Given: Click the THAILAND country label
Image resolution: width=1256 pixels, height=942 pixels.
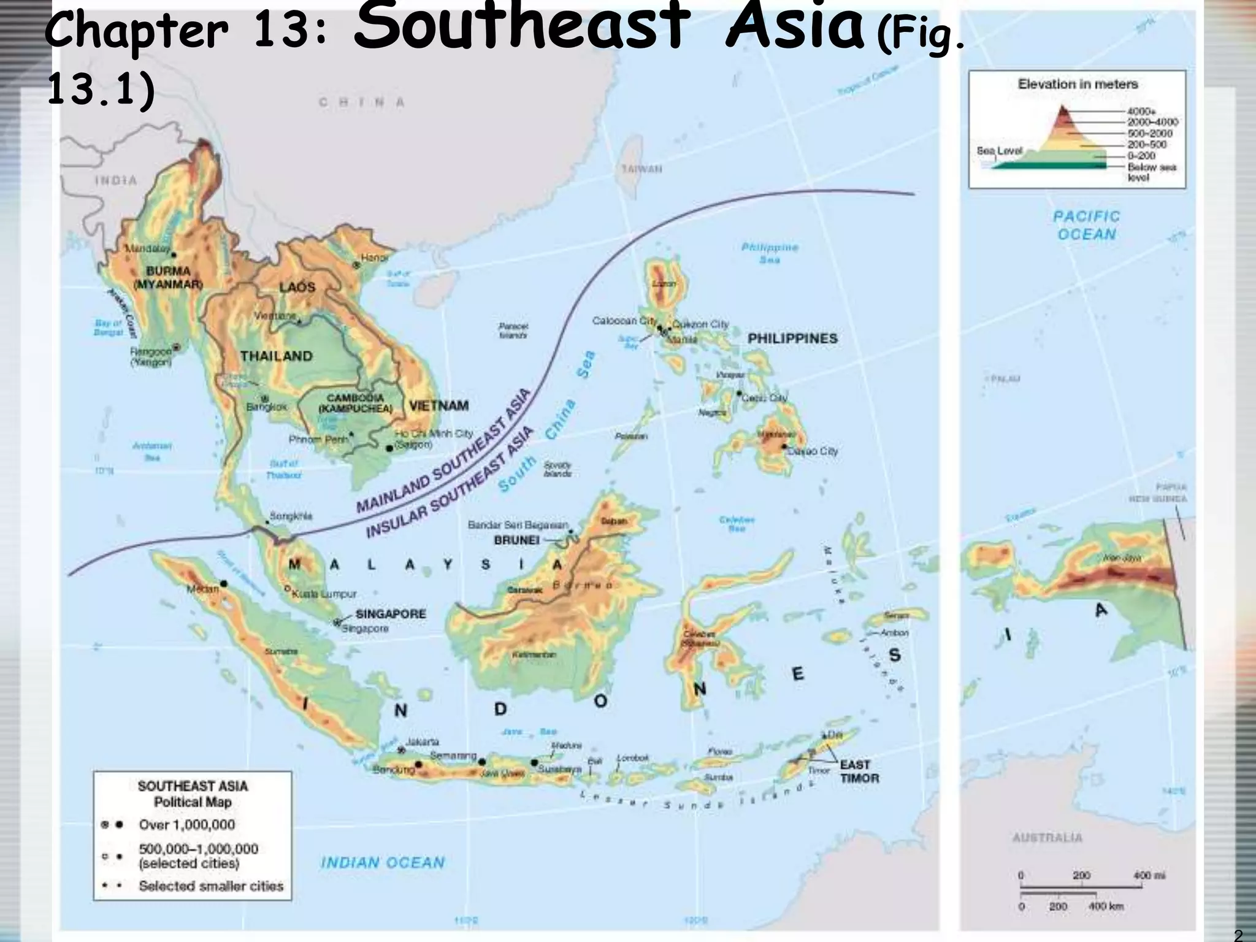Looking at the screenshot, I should pyautogui.click(x=276, y=356).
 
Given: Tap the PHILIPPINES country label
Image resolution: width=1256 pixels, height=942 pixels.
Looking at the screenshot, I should pyautogui.click(x=792, y=339).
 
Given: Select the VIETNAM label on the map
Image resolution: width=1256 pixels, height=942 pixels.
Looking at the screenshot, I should pyautogui.click(x=438, y=406).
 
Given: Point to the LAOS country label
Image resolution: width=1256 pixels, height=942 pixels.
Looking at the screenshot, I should pyautogui.click(x=297, y=287).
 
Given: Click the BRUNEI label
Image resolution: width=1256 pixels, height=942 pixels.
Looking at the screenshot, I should pyautogui.click(x=516, y=540).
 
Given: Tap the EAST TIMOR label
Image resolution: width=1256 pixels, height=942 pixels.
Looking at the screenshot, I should pyautogui.click(x=859, y=772).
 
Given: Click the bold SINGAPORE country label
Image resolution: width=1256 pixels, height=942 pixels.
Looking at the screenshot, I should pyautogui.click(x=391, y=614).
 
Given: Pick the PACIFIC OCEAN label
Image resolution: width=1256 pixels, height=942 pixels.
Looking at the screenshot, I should pyautogui.click(x=1086, y=225).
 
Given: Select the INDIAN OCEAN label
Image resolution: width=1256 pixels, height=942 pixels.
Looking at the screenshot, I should pyautogui.click(x=382, y=862).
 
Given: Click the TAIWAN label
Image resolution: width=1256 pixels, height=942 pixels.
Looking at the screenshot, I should pyautogui.click(x=641, y=169).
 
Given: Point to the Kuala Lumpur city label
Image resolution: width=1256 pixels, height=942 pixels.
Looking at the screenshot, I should pyautogui.click(x=323, y=594).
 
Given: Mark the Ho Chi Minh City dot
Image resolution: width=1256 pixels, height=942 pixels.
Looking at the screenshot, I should pyautogui.click(x=389, y=448).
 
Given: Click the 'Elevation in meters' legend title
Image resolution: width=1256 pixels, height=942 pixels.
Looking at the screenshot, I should pyautogui.click(x=1078, y=84).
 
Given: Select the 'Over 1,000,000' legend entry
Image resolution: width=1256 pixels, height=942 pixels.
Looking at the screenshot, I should pyautogui.click(x=186, y=825).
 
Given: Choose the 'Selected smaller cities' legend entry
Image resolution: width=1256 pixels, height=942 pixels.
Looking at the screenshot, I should pyautogui.click(x=210, y=886).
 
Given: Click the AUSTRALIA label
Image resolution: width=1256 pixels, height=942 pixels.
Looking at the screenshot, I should pyautogui.click(x=1047, y=838).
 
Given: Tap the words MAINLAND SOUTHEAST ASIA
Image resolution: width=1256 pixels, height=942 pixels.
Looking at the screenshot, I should pyautogui.click(x=442, y=452).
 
